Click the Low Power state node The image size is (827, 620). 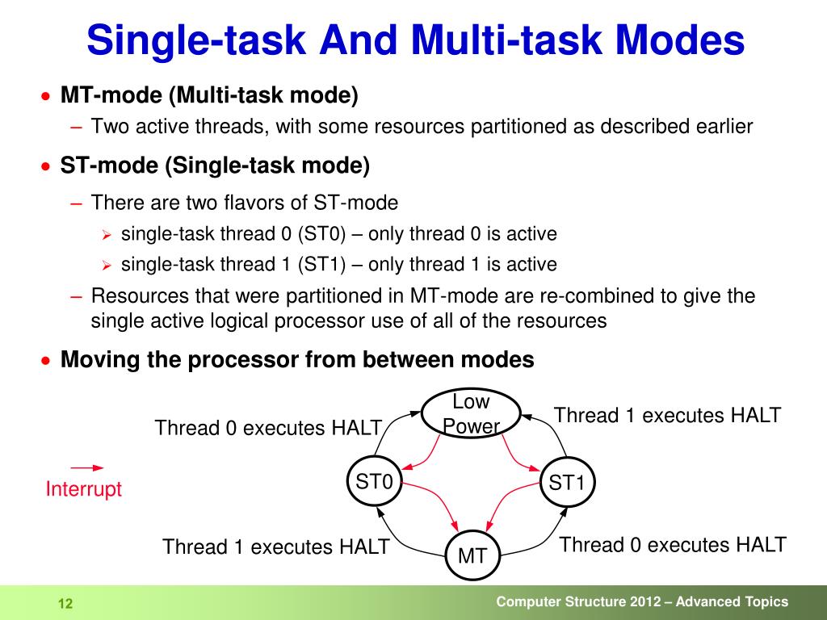tap(471, 413)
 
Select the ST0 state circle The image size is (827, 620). tap(374, 483)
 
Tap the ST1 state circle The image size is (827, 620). tap(566, 483)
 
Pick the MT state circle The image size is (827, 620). tap(472, 555)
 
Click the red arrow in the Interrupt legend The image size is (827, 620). tap(86, 467)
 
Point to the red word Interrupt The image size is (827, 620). tap(84, 489)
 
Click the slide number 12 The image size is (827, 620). tap(65, 604)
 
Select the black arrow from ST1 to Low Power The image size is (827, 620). tap(549, 432)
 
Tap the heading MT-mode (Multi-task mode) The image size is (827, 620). tap(209, 95)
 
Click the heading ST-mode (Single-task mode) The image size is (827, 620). tap(215, 166)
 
